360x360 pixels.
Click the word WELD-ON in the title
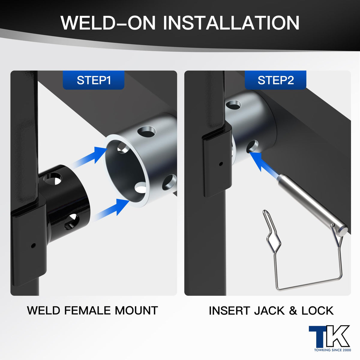click(x=108, y=23)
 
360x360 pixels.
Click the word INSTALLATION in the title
click(x=231, y=23)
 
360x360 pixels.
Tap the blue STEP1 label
click(x=94, y=80)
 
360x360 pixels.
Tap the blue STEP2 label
click(x=276, y=80)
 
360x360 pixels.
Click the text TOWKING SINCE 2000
click(x=332, y=350)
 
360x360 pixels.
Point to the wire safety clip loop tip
click(x=265, y=211)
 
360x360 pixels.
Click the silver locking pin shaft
click(x=312, y=202)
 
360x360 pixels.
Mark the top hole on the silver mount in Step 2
click(x=233, y=105)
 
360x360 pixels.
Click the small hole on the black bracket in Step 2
click(x=221, y=164)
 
